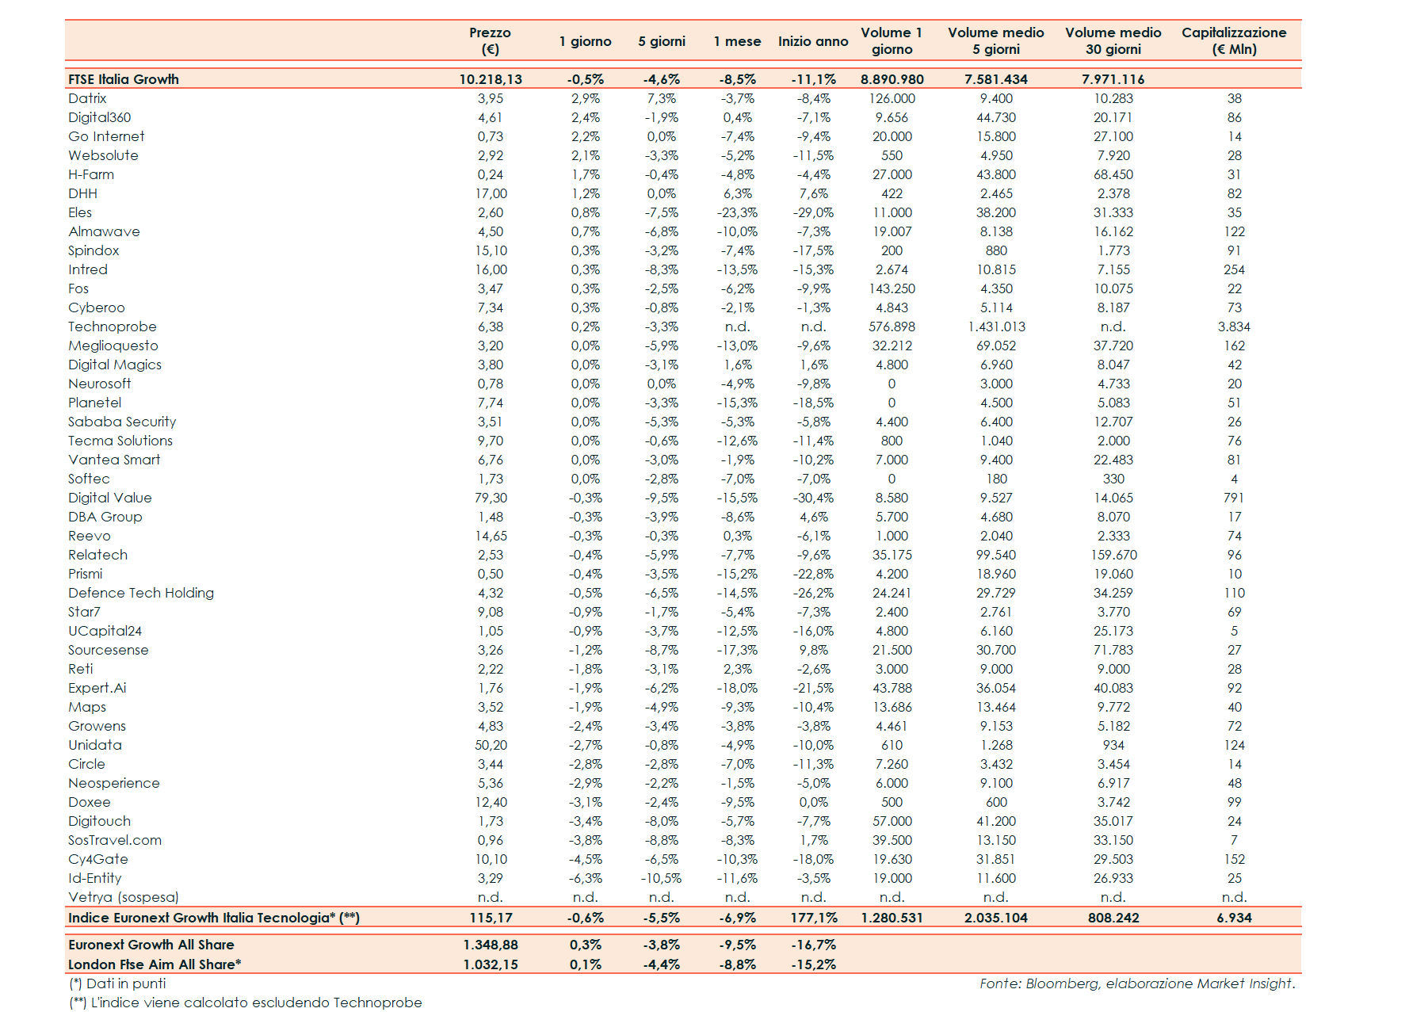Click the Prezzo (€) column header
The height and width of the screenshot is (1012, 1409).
tap(490, 40)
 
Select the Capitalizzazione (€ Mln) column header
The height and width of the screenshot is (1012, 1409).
tap(1233, 40)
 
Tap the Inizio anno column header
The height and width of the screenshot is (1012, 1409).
tap(812, 41)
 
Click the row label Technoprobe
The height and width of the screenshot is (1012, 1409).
tap(113, 327)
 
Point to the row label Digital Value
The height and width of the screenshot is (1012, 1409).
tap(109, 498)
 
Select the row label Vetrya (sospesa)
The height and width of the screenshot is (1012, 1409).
tap(123, 897)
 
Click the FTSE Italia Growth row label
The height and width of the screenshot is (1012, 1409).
tap(124, 79)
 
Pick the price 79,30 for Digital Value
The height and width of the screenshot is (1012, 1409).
tap(491, 498)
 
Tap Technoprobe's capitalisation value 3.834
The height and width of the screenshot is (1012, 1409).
tap(1233, 327)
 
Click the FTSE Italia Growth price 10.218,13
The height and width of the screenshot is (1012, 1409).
tap(491, 79)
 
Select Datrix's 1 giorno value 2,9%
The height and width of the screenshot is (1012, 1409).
tap(585, 98)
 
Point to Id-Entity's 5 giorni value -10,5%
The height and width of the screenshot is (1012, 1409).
tap(661, 878)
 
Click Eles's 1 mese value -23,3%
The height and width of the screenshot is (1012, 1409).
tap(737, 212)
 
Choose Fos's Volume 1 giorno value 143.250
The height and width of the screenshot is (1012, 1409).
tap(892, 288)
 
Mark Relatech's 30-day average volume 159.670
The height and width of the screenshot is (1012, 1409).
tap(1113, 555)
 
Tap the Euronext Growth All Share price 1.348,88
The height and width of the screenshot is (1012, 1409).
tap(491, 945)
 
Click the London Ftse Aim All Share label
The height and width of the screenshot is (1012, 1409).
tap(155, 964)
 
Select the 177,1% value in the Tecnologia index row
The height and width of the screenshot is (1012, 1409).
tap(813, 918)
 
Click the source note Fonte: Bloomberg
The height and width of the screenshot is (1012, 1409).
tap(1136, 983)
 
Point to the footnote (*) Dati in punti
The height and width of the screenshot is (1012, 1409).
tap(117, 983)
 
